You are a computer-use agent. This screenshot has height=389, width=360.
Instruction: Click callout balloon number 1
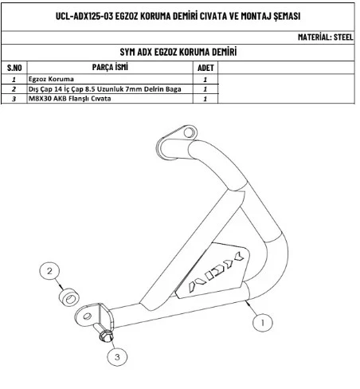coord(263,323)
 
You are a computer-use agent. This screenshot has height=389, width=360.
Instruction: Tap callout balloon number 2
coord(49,271)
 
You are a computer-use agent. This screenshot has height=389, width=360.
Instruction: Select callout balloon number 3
coord(117,356)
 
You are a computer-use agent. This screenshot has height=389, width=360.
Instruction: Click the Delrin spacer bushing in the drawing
coord(69,297)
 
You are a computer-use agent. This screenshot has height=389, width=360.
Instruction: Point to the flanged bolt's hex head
coord(107,336)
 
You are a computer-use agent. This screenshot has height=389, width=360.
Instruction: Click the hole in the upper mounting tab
coord(189,132)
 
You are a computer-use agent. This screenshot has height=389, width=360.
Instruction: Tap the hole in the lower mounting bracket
coord(88,316)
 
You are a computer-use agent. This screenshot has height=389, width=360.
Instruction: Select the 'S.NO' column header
coord(14,68)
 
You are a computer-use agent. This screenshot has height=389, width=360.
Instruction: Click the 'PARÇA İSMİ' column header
coord(110,67)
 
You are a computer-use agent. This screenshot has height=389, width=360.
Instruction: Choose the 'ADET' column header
coord(205,68)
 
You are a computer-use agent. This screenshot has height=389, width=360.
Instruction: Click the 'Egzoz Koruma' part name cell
coord(51,79)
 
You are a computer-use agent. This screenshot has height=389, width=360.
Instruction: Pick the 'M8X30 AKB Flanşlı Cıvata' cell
coord(70,99)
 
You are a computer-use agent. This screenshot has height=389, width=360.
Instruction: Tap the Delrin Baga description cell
coord(105,89)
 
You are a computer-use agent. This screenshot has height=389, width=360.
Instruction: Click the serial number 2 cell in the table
coord(14,89)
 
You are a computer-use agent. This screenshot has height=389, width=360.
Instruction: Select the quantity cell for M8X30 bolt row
coord(205,99)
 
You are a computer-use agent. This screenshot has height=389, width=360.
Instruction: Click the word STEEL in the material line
coord(343,37)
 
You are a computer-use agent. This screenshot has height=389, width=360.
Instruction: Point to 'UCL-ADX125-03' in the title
coord(84,16)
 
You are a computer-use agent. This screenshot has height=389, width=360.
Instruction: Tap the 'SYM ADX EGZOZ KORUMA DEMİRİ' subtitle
coord(178,52)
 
